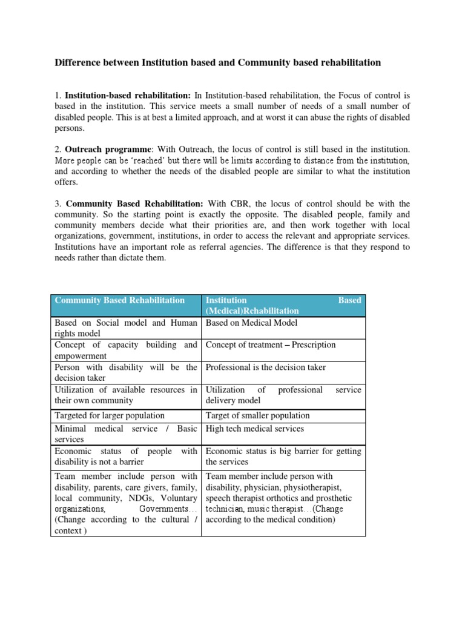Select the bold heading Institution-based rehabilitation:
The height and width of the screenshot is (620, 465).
[127, 96]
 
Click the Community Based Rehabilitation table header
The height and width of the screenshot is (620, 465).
[119, 300]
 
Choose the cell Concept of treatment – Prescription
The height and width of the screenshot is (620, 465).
[271, 345]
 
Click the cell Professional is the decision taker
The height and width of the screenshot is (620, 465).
[266, 368]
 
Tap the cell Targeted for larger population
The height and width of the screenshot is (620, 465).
[110, 415]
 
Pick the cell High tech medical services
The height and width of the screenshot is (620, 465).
[254, 429]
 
